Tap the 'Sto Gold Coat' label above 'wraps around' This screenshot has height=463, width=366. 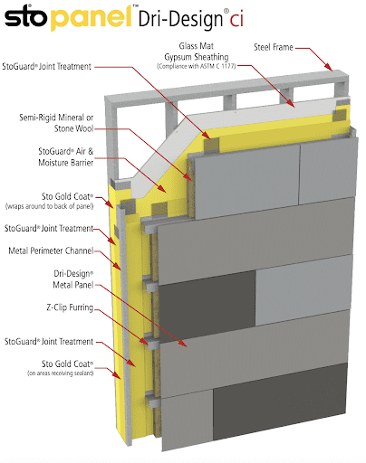(x=69, y=196)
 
